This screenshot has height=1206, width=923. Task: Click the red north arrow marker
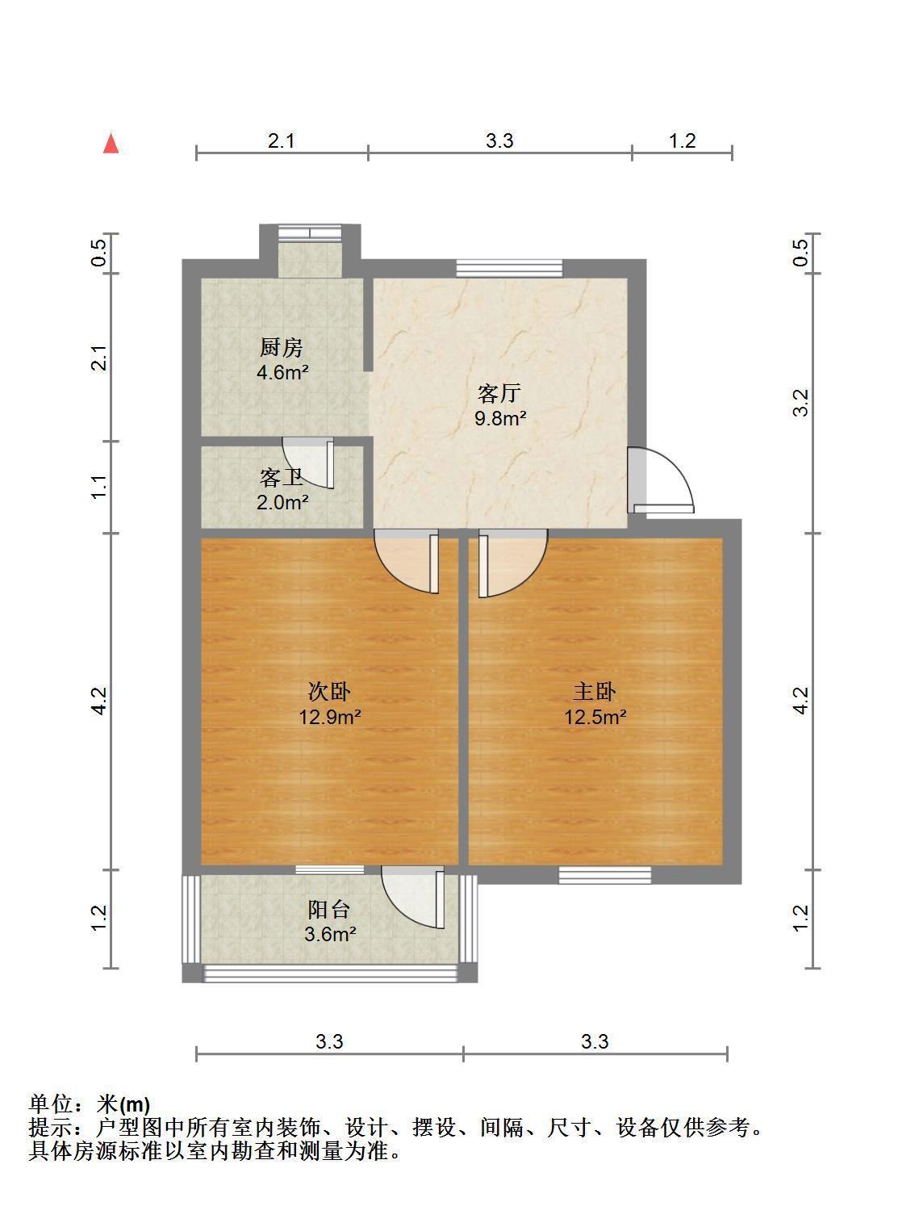click(111, 144)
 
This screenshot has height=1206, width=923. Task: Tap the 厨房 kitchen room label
click(282, 348)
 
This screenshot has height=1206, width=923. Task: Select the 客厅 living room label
click(499, 393)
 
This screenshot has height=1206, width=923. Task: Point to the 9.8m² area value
click(499, 418)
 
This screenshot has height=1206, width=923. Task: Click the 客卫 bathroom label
click(282, 478)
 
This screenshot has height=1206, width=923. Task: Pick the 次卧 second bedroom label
click(329, 692)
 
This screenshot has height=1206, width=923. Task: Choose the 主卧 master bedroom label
click(595, 692)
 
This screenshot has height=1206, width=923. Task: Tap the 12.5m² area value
click(595, 717)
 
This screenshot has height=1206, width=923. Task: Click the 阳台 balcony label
click(329, 910)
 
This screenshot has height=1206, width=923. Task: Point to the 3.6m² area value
click(330, 935)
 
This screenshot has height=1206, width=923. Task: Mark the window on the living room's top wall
click(509, 268)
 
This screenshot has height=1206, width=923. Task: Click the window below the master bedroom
click(604, 875)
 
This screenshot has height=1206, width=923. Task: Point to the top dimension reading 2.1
click(282, 141)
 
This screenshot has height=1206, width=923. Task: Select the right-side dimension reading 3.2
click(800, 403)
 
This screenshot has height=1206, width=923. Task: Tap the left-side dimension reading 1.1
click(98, 487)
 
